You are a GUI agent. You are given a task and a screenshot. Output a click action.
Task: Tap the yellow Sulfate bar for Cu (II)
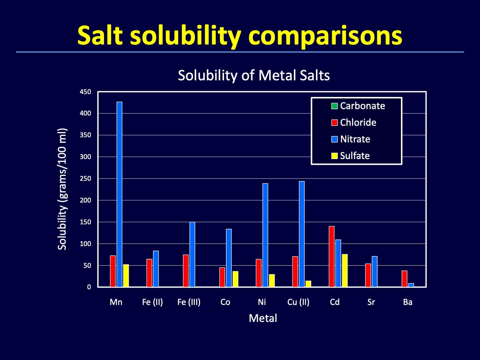click(x=308, y=284)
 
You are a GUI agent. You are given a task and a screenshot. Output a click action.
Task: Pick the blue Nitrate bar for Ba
click(x=411, y=285)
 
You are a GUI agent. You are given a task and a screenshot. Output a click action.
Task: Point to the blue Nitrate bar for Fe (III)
click(x=192, y=254)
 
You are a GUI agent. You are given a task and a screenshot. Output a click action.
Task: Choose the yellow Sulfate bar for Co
click(x=235, y=279)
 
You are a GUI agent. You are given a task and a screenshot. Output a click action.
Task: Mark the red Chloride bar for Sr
click(x=368, y=275)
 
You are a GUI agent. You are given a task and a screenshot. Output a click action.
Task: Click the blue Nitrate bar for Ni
click(x=265, y=235)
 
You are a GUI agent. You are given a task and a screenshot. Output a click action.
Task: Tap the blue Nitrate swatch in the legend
click(x=335, y=139)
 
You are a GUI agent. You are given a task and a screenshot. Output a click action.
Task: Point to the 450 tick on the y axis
click(x=85, y=92)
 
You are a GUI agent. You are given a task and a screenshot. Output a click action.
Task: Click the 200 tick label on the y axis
click(x=85, y=200)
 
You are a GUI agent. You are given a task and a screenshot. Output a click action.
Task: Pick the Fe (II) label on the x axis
click(x=152, y=302)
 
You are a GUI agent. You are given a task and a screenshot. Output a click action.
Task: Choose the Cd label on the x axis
click(x=335, y=302)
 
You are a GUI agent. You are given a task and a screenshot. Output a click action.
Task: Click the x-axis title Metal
click(x=263, y=318)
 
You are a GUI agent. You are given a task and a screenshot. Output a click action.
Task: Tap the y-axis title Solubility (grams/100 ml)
click(x=62, y=189)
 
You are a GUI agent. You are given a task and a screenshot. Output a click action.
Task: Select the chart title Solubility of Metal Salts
click(x=254, y=76)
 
